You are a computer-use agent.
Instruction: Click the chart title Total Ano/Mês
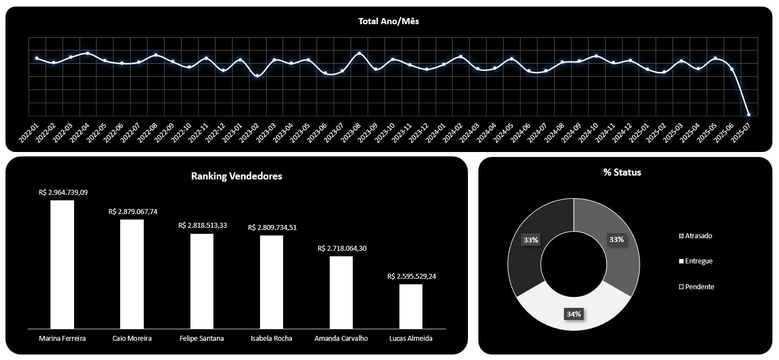point(389,21)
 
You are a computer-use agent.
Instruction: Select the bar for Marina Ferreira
point(62,265)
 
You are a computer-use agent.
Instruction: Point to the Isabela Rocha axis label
point(270,339)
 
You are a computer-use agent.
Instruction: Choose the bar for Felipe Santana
point(202,281)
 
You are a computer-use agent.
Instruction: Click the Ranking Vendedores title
point(236,176)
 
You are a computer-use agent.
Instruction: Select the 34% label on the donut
point(573,314)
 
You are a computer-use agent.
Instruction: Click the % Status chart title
point(622,172)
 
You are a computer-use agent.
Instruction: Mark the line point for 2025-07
point(749,115)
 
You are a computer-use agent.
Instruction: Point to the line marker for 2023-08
point(359,53)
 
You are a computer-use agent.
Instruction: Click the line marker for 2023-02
point(257,76)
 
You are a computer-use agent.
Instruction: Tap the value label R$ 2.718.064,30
point(342,249)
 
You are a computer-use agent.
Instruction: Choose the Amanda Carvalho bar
point(341,292)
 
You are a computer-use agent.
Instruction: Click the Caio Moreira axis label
point(132,339)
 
